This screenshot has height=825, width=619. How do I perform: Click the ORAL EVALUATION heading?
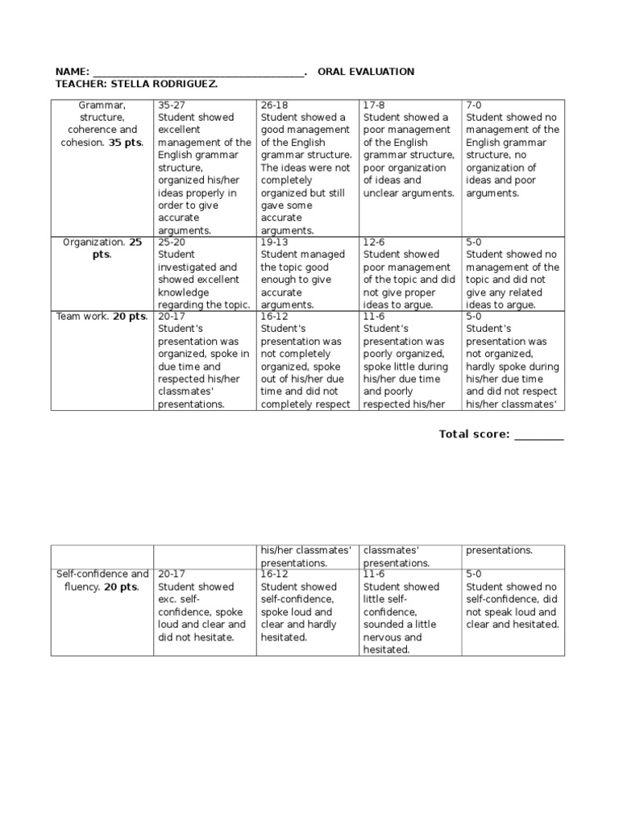(x=366, y=72)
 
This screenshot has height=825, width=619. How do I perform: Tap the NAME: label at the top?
(x=72, y=72)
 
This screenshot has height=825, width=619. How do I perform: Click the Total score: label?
(x=474, y=434)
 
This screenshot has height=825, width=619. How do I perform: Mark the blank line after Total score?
(x=539, y=437)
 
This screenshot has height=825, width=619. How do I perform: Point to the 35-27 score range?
(x=171, y=105)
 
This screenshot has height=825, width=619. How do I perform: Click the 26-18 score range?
(x=274, y=105)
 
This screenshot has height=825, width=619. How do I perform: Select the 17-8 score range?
(x=374, y=105)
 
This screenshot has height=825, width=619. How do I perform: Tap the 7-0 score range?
(x=476, y=105)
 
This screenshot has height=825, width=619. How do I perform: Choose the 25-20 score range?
(x=171, y=242)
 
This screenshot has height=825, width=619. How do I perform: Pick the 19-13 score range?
(x=274, y=242)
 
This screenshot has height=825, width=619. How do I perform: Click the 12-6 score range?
(x=375, y=242)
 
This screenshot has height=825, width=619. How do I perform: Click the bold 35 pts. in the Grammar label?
(x=126, y=143)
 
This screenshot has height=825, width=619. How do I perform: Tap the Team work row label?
(x=81, y=317)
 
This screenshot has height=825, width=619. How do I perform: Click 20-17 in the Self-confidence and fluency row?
(x=171, y=574)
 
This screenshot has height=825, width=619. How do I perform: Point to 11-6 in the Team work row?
(x=375, y=317)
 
